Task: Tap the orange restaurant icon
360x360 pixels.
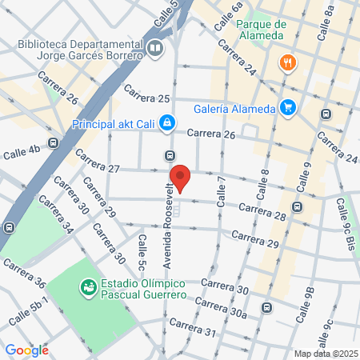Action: coord(285,62)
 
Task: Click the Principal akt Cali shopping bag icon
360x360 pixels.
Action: coord(166,123)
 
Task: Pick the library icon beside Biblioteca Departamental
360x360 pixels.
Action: coord(155,49)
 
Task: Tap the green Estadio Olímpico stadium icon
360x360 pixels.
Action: coord(89,286)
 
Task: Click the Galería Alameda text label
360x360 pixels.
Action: coord(234,110)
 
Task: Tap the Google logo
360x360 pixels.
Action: coord(26,350)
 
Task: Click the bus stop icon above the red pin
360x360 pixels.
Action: coord(169,155)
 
